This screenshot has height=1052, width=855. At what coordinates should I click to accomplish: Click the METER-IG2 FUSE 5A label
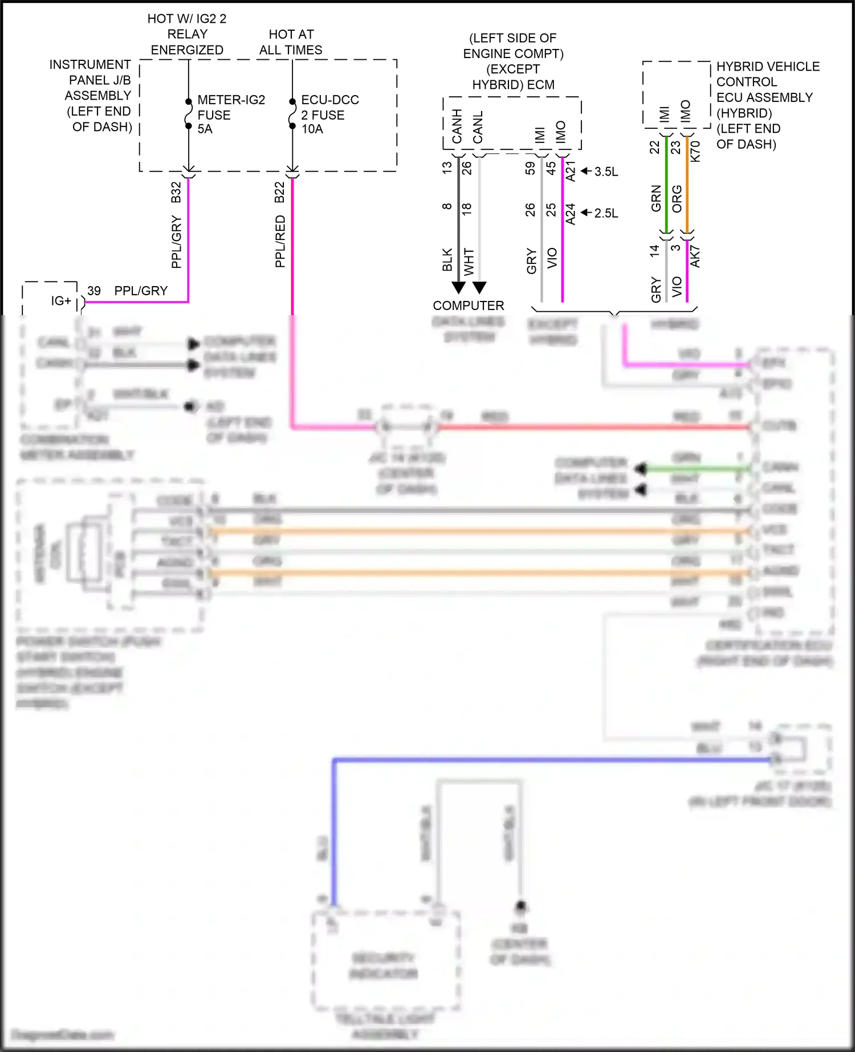click(230, 115)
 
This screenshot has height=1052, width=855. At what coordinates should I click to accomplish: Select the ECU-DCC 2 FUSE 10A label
click(329, 115)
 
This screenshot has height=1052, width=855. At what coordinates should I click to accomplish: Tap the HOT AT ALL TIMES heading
click(291, 42)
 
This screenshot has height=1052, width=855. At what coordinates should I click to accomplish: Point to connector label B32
click(176, 192)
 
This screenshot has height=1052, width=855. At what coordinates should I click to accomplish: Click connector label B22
click(279, 192)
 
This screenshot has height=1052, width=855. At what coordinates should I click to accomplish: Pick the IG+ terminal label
click(61, 301)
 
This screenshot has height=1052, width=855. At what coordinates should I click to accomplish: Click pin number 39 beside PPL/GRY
click(94, 291)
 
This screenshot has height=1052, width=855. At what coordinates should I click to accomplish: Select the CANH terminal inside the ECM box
click(457, 127)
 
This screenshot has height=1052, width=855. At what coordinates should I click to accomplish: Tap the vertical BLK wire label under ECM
click(447, 259)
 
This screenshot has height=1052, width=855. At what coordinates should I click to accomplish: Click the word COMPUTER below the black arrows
click(468, 305)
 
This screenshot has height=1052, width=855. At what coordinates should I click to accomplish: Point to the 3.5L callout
click(606, 172)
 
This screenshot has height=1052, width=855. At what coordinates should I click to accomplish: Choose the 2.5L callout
click(606, 213)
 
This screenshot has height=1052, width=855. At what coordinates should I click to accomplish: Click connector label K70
click(695, 152)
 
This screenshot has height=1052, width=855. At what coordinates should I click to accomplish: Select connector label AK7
click(695, 258)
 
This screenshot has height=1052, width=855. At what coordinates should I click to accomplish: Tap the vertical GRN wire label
click(656, 198)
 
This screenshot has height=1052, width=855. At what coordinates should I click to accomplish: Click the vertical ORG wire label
click(677, 198)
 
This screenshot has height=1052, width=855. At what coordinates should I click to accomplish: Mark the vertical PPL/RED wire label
click(280, 241)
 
